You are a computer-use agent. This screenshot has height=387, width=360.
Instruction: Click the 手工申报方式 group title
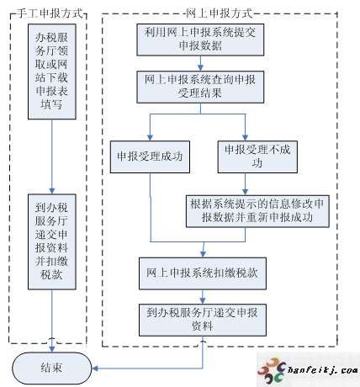[50, 13]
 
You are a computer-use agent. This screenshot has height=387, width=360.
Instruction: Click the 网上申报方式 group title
[219, 13]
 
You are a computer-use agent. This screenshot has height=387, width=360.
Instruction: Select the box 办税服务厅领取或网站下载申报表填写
[52, 72]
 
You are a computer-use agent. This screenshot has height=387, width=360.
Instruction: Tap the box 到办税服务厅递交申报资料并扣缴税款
[52, 241]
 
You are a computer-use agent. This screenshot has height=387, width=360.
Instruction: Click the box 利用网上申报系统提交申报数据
[200, 40]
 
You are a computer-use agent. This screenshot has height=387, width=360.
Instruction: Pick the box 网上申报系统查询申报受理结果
[200, 87]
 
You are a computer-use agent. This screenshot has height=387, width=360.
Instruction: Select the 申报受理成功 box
[150, 156]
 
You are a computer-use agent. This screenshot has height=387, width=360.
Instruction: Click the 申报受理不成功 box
[257, 156]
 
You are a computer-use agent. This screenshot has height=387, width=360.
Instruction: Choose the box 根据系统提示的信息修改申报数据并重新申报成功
[257, 211]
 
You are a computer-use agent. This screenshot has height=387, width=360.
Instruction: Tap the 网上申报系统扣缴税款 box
[203, 273]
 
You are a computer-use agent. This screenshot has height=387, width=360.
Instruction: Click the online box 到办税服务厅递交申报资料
[203, 320]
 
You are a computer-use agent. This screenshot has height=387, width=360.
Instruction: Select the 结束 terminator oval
[52, 368]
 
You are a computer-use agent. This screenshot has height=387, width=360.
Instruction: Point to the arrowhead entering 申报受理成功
[150, 137]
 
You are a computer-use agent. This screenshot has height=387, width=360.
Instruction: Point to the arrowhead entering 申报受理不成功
[245, 137]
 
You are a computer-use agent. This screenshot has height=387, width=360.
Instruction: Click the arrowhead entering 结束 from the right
[95, 368]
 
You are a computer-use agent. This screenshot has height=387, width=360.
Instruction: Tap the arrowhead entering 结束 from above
[52, 349]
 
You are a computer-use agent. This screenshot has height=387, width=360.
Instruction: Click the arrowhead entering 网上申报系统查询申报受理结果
[200, 67]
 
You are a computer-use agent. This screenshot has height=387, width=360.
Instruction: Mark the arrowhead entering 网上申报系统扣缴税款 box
[203, 254]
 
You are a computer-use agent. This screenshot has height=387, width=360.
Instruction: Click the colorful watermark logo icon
[271, 370]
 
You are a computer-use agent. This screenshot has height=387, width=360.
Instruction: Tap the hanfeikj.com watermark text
[322, 370]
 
